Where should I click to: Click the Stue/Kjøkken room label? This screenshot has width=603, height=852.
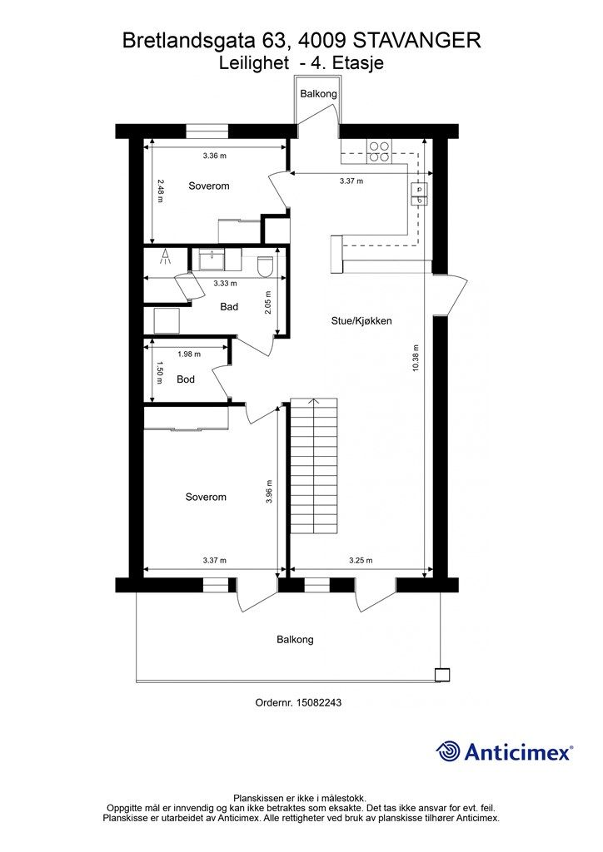click(361, 320)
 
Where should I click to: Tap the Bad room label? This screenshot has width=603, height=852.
click(229, 307)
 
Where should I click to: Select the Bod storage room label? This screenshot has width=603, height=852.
click(186, 379)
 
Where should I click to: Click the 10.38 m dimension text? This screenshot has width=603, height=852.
click(416, 358)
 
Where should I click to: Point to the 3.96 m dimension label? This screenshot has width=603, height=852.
click(269, 493)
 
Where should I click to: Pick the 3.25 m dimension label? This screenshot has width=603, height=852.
click(361, 560)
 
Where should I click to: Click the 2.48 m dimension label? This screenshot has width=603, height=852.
click(159, 191)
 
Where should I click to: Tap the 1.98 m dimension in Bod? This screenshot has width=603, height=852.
click(189, 354)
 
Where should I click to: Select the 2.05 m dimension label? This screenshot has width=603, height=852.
click(268, 303)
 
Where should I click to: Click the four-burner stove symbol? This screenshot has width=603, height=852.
click(379, 151)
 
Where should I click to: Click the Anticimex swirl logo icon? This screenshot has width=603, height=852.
click(448, 751)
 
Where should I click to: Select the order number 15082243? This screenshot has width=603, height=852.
click(319, 702)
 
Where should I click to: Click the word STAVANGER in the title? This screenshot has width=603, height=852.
click(417, 41)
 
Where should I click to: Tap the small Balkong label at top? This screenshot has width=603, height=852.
click(319, 93)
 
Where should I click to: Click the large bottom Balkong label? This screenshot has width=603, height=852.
click(295, 640)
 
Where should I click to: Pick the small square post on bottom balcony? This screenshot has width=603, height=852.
click(442, 675)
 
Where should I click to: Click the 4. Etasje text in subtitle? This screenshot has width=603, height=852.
click(347, 63)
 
